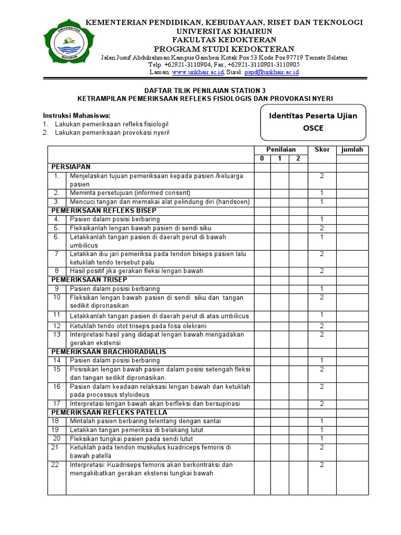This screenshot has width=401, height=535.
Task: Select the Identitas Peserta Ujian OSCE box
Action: point(313,122)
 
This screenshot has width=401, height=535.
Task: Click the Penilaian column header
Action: point(281,150)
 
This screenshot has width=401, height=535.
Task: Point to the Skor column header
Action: point(322,150)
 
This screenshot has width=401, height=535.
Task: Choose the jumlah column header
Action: point(352,150)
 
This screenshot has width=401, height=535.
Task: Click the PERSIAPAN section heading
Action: point(71,166)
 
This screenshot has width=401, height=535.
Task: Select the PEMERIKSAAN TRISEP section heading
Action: point(89,280)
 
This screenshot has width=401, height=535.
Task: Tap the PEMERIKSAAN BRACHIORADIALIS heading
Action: point(109,352)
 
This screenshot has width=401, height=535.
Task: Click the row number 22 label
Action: point(56,464)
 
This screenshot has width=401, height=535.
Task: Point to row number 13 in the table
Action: point(56,334)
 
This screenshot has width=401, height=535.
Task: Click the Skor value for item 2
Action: point(322,193)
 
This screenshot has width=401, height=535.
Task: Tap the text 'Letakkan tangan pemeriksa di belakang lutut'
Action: point(136,429)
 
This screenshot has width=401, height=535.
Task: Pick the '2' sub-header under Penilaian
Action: point(297,158)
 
